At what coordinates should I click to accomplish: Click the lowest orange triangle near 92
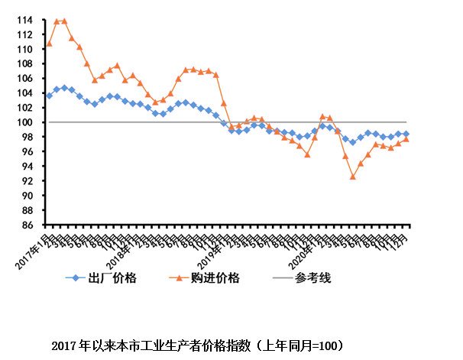(x=353, y=177)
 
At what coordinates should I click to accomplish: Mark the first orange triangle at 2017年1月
(x=49, y=44)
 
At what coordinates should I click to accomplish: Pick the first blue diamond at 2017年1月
(x=49, y=96)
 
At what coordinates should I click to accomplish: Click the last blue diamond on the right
(x=406, y=134)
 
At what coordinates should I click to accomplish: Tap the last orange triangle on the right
(x=406, y=139)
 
